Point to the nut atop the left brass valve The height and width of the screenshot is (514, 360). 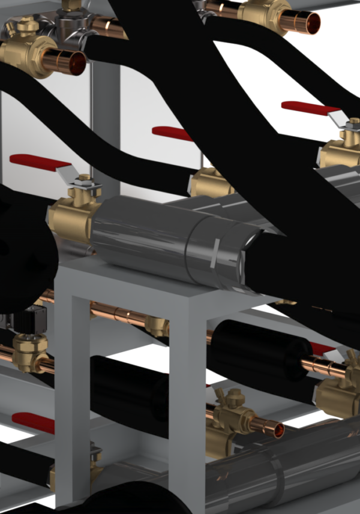pyautogui.click(x=83, y=178)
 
